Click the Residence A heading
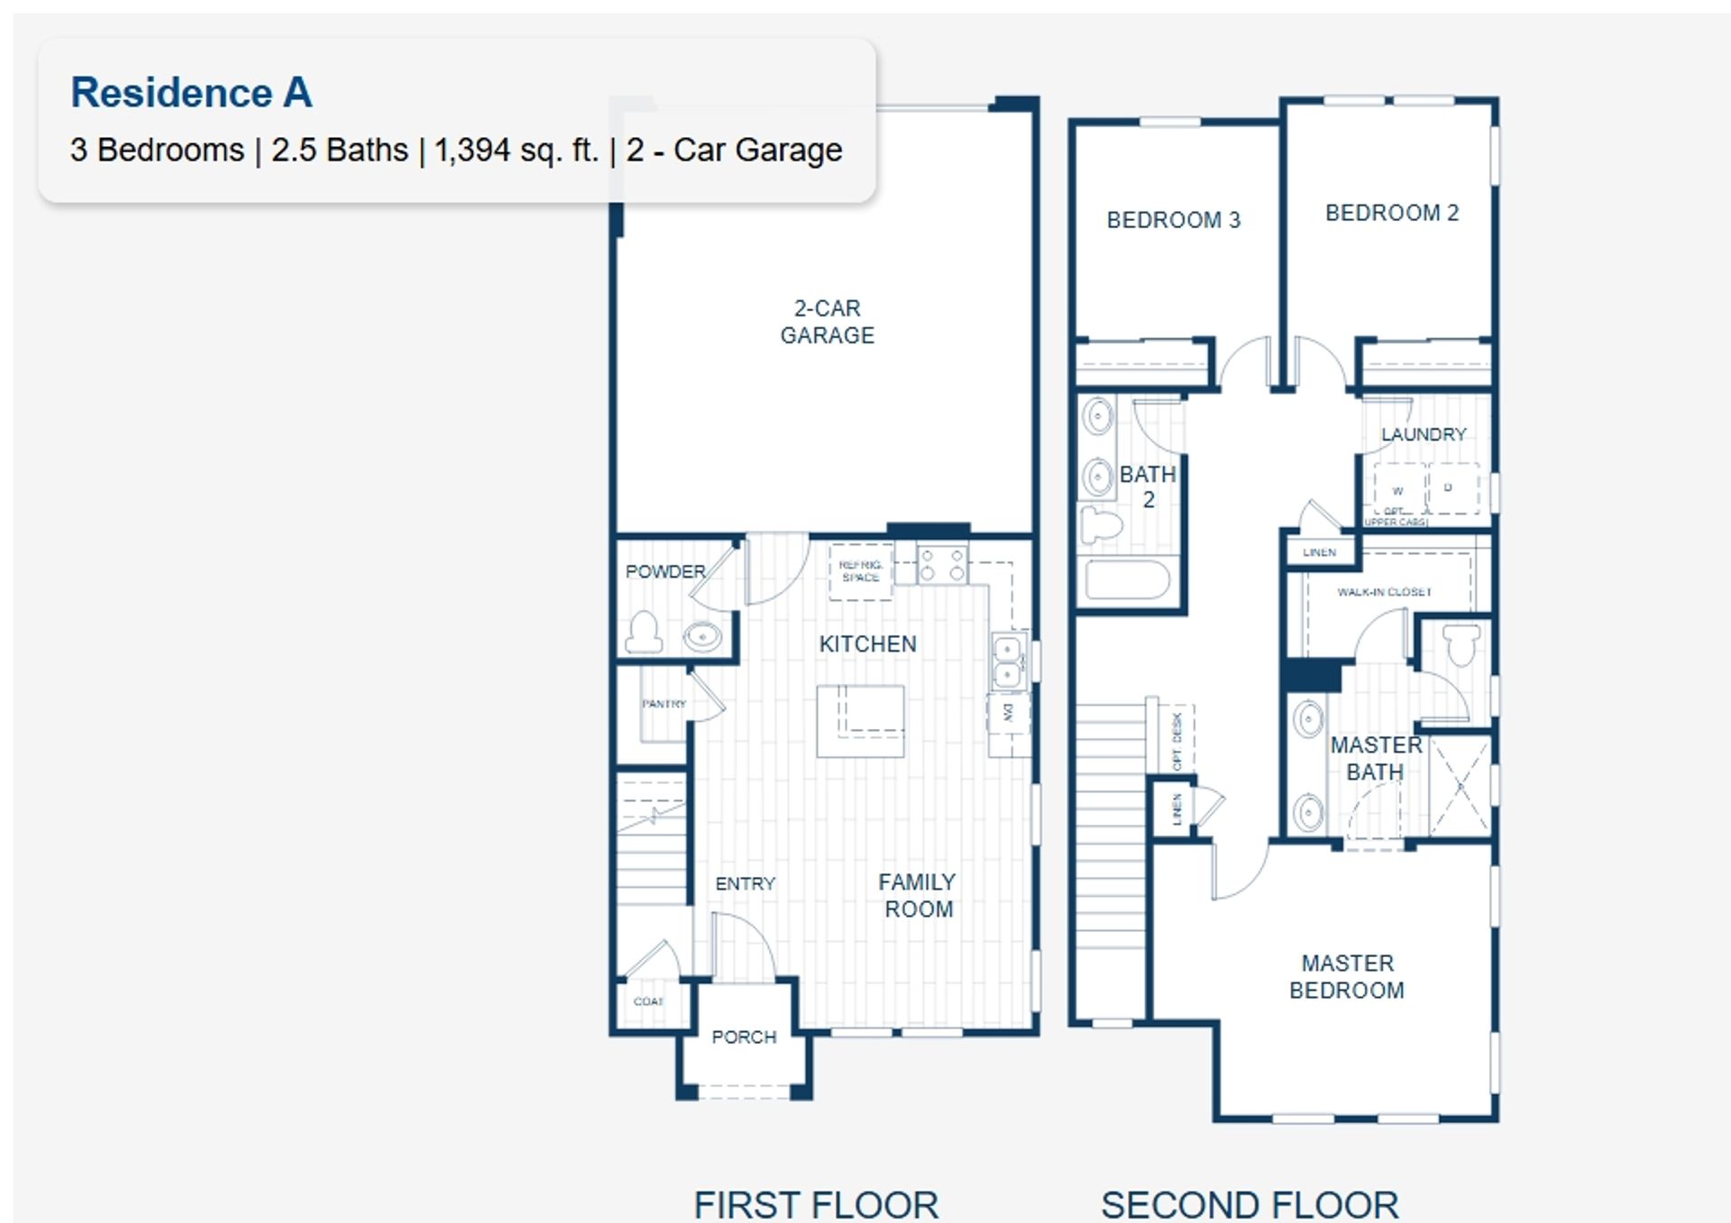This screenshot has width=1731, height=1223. [191, 93]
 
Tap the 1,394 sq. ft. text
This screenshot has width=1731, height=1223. [516, 150]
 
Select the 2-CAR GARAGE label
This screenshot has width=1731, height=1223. [827, 322]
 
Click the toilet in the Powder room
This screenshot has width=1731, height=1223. [644, 632]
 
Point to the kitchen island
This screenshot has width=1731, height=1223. [860, 721]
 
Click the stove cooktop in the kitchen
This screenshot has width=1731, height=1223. [942, 565]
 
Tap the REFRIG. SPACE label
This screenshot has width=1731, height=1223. [860, 571]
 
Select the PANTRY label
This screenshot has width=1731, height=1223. [664, 704]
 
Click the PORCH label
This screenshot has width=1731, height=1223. [744, 1037]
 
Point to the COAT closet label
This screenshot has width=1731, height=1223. [648, 1002]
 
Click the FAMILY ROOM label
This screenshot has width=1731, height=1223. [917, 896]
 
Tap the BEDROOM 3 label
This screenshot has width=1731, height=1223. [1173, 220]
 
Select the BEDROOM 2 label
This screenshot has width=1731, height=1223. [1391, 213]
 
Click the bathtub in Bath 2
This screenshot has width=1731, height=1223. [1127, 580]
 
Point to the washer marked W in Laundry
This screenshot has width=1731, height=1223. [1397, 490]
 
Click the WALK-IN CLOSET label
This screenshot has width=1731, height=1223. [1384, 592]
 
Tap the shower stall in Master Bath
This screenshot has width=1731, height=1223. [1460, 784]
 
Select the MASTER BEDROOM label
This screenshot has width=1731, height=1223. [1347, 977]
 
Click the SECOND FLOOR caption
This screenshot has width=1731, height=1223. [1250, 1205]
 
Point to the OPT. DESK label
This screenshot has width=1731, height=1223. [1176, 741]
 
